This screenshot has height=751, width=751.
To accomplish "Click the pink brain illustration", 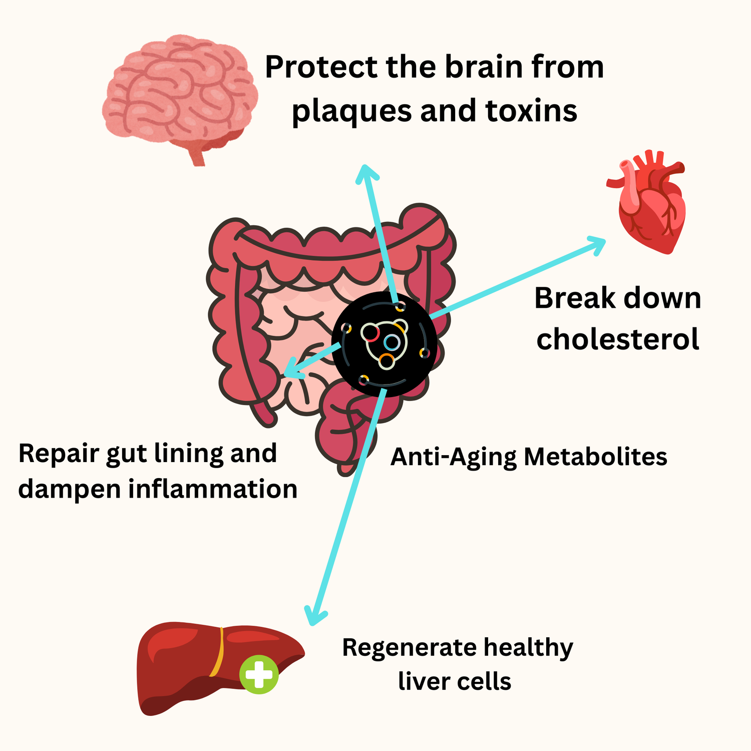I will pos(180,90).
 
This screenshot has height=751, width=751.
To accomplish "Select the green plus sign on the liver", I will pos(259,674).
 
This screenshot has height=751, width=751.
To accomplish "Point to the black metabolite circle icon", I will pos(385,344).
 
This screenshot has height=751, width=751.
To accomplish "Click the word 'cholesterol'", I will pos(618,339).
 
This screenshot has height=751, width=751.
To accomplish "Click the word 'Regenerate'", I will pos(409,648).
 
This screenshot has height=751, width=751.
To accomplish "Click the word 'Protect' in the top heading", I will pos(321,68).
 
